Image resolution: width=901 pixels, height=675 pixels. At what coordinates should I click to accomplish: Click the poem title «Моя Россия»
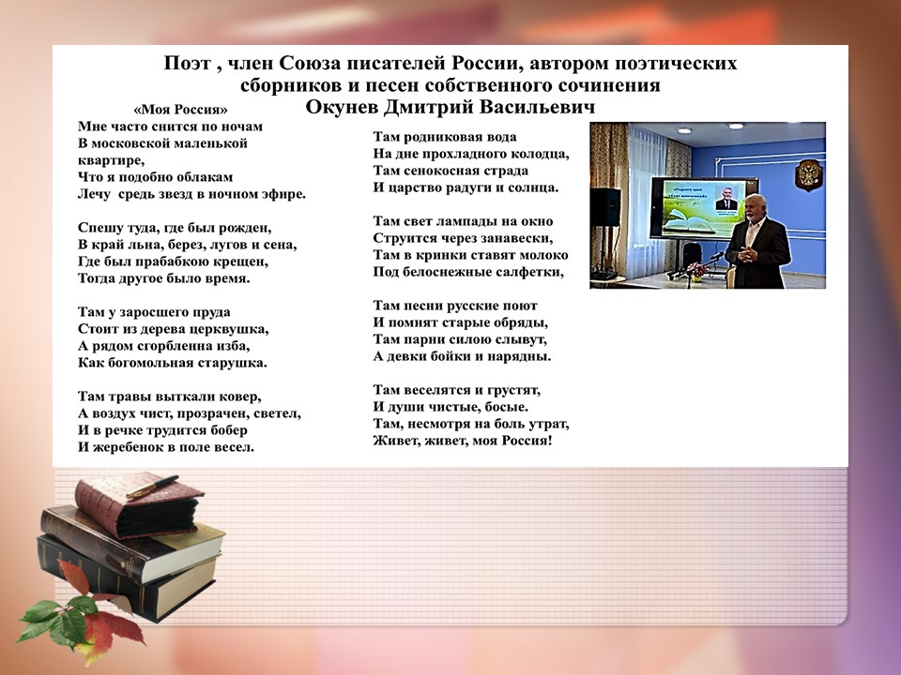180,110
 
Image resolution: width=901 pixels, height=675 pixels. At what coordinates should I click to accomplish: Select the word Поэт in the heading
187,63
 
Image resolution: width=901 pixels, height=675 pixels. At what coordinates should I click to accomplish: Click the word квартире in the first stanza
111,160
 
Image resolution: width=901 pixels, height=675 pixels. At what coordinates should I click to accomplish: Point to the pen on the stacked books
152,487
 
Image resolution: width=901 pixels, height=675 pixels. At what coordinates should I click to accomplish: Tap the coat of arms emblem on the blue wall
808,174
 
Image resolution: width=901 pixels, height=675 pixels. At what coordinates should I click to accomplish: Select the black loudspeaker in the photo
605,206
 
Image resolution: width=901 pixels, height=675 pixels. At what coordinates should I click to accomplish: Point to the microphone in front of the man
716,257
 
